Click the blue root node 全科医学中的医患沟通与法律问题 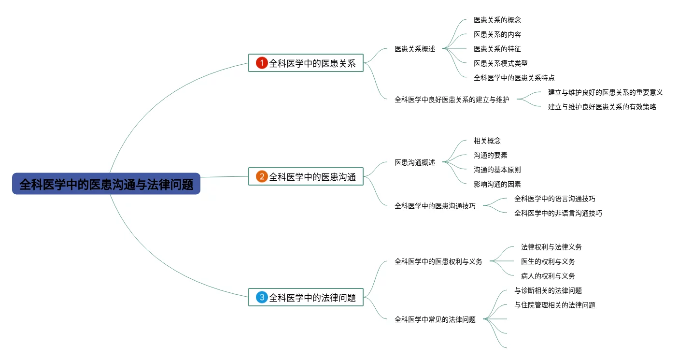pos(106,184)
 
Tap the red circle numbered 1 pos(262,63)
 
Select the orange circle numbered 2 pos(262,176)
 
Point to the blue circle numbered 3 pos(262,297)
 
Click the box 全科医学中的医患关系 pos(306,63)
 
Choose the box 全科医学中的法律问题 pos(306,297)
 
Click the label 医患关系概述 pos(415,49)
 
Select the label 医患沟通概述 pos(415,162)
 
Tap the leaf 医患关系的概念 pos(497,20)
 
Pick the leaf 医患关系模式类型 pos(500,63)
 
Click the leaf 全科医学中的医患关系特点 pos(514,78)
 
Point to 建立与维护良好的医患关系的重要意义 pos(605,92)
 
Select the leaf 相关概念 pos(487,141)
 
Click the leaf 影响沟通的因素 pos(497,184)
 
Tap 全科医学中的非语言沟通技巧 pos(558,213)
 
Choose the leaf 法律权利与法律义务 pos(551,247)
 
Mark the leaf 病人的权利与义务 pos(548,276)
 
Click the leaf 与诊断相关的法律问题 pos(548,290)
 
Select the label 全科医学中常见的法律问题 pos(435,319)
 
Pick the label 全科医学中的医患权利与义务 pos(438,261)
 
